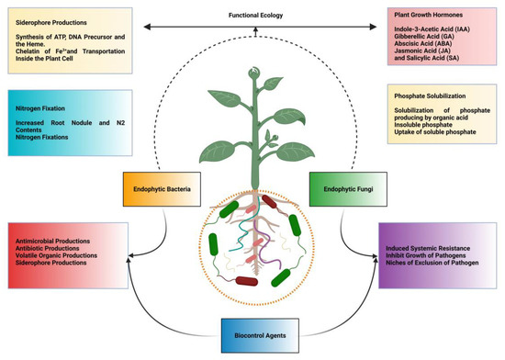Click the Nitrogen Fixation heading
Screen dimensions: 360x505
39,107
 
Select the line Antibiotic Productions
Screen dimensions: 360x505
51,248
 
